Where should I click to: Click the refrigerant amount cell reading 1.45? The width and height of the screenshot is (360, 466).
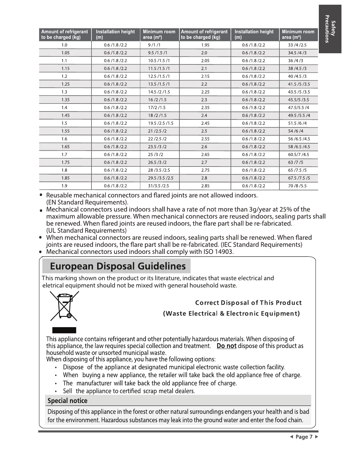(65, 115)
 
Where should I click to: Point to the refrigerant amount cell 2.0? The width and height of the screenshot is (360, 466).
(204, 53)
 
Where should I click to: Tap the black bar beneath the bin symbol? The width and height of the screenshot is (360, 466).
(64, 330)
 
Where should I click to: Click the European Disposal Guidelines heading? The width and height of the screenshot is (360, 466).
(118, 266)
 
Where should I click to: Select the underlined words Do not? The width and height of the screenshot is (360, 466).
(226, 346)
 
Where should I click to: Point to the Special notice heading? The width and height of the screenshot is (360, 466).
(67, 401)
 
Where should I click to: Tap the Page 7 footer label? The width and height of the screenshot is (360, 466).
(304, 437)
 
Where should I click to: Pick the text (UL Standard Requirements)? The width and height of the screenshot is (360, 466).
(86, 231)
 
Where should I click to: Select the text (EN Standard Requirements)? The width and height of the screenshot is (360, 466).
(87, 202)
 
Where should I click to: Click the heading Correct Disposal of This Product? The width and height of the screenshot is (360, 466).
(249, 303)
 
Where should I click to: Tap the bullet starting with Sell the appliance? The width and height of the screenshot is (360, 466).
(129, 391)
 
